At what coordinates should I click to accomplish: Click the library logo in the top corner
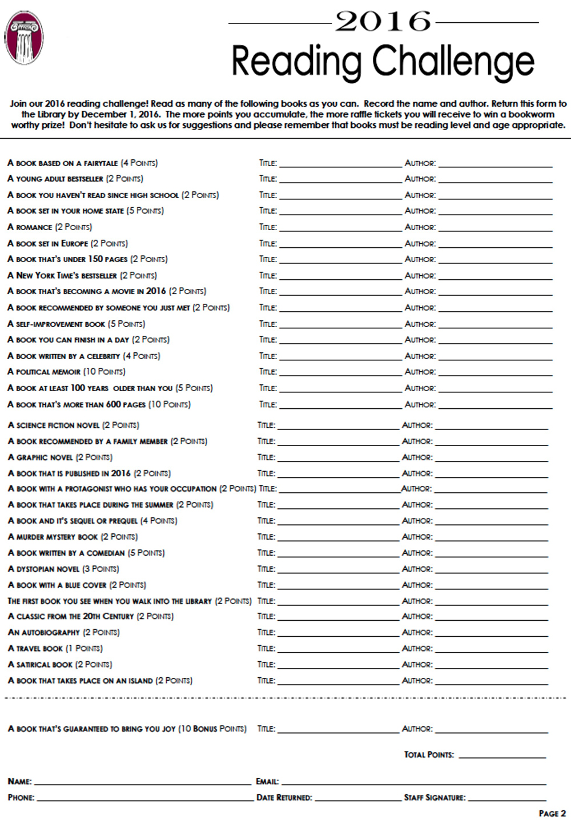click(x=24, y=38)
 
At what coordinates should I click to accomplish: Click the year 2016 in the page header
click(x=383, y=22)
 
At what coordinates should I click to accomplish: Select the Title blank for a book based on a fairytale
click(x=340, y=164)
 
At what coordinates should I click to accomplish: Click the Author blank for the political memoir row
click(x=495, y=373)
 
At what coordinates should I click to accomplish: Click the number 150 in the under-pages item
click(x=95, y=259)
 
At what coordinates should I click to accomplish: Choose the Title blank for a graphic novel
click(x=338, y=459)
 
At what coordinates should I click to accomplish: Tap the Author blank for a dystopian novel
click(x=491, y=571)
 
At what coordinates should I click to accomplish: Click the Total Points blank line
click(x=502, y=756)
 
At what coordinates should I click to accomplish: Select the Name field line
click(x=143, y=783)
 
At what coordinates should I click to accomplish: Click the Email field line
click(x=413, y=783)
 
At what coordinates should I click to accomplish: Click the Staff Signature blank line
click(x=506, y=799)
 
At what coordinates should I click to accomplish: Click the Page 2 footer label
click(x=552, y=813)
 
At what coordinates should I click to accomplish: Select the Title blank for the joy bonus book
click(x=338, y=731)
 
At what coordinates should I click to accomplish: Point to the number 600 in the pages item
click(x=114, y=404)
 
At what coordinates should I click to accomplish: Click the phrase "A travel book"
click(x=35, y=649)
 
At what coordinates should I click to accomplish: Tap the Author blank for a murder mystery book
click(x=491, y=538)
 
